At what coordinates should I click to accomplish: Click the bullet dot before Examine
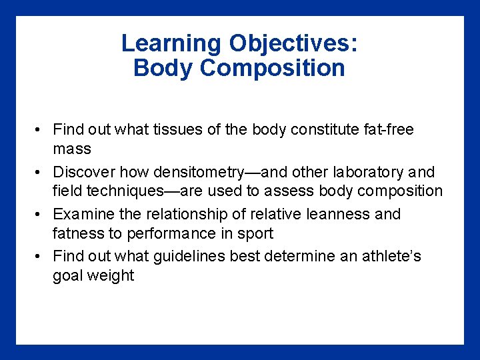pyautogui.click(x=40, y=215)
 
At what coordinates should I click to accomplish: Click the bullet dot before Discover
pyautogui.click(x=40, y=173)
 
